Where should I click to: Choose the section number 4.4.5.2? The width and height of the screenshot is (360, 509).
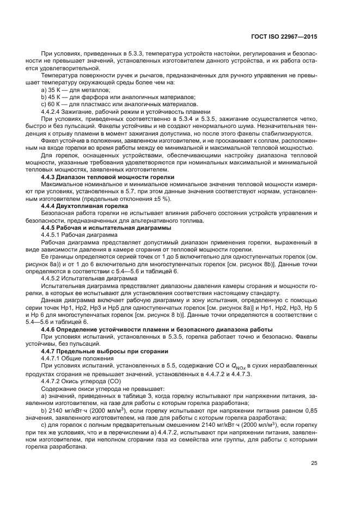tap(55, 277)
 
